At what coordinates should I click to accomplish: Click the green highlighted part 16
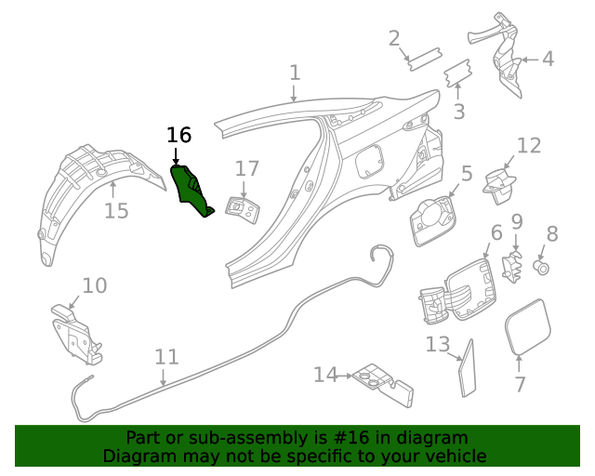pyautogui.click(x=192, y=189)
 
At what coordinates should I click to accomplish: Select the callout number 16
pyautogui.click(x=178, y=136)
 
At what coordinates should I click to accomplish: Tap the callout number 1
pyautogui.click(x=295, y=73)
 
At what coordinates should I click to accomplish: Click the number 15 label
pyautogui.click(x=116, y=212)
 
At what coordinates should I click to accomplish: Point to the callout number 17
pyautogui.click(x=246, y=168)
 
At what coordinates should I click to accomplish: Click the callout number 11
pyautogui.click(x=166, y=357)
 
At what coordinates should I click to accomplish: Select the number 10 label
pyautogui.click(x=95, y=285)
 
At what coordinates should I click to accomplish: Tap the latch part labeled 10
pyautogui.click(x=78, y=332)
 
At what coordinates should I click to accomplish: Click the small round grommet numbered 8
pyautogui.click(x=541, y=268)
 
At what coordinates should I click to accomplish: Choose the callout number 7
pyautogui.click(x=520, y=384)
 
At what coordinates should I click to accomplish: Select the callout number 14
pyautogui.click(x=325, y=375)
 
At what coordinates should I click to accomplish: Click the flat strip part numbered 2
pyautogui.click(x=424, y=57)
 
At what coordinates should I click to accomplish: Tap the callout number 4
pyautogui.click(x=548, y=59)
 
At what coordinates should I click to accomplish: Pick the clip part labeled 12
pyautogui.click(x=501, y=181)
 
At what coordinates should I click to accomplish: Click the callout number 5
pyautogui.click(x=467, y=173)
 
